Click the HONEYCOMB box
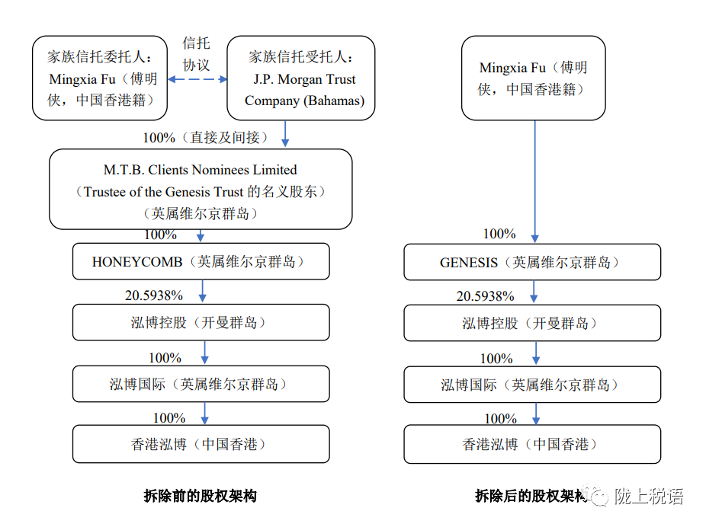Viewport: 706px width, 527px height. click(201, 261)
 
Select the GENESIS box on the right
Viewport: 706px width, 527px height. click(532, 262)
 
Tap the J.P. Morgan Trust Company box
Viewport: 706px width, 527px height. click(300, 78)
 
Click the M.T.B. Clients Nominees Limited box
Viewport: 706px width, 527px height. click(201, 190)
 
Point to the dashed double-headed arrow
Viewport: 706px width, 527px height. click(197, 79)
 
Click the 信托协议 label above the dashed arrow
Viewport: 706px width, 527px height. click(196, 54)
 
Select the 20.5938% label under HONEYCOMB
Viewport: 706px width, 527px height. click(154, 295)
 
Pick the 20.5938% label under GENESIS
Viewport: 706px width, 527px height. click(486, 296)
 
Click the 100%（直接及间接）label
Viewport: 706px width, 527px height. click(205, 138)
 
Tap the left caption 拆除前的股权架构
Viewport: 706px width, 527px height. click(201, 496)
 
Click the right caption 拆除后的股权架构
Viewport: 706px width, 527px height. click(531, 496)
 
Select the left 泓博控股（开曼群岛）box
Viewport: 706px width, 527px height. click(201, 322)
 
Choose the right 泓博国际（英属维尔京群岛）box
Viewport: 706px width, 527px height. click(532, 385)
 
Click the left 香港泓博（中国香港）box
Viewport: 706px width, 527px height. click(201, 444)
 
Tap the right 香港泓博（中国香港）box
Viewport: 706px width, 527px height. click(532, 444)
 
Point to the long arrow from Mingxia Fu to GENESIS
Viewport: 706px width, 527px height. click(535, 182)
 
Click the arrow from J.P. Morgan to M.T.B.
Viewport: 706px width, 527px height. click(285, 133)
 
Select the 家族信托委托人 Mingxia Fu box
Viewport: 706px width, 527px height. click(100, 78)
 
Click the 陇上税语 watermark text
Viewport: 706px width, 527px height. click(649, 497)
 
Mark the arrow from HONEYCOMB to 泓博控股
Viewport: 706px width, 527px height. click(202, 291)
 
